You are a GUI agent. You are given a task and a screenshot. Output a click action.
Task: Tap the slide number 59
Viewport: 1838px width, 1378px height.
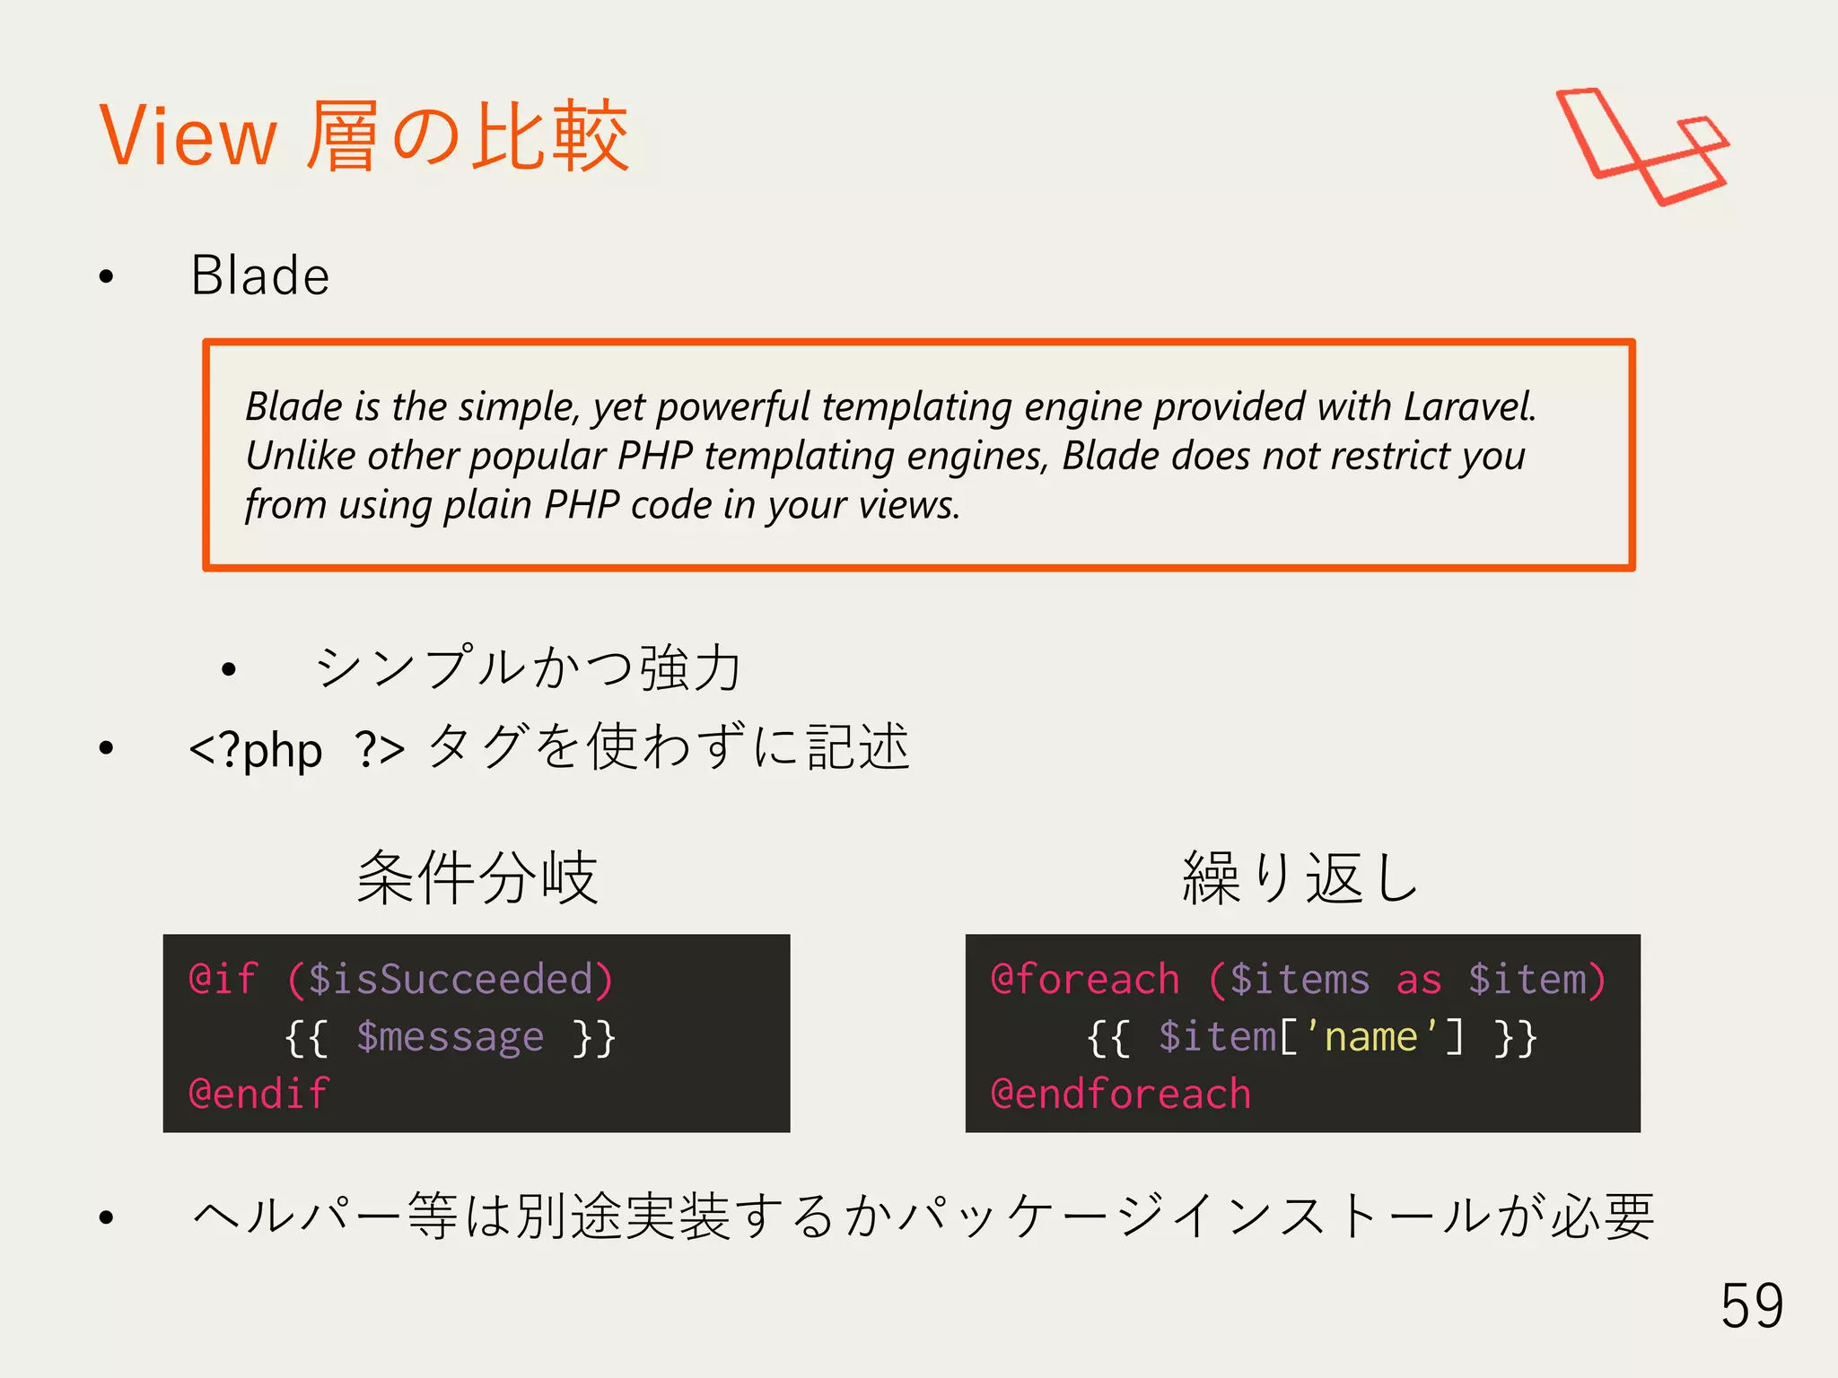click(x=1751, y=1305)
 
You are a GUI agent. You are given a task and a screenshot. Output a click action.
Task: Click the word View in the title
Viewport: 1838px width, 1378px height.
click(x=188, y=136)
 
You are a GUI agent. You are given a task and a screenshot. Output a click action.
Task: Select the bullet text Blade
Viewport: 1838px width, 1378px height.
click(x=260, y=275)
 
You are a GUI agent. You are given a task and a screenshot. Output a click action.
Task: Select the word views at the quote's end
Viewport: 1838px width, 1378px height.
click(x=908, y=505)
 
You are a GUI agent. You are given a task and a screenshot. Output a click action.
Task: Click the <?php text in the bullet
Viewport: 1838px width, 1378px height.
click(x=256, y=749)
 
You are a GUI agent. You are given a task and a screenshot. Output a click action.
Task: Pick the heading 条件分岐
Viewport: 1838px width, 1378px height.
click(x=477, y=877)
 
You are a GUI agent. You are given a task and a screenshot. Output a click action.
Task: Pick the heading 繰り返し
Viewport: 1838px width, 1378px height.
click(x=1300, y=877)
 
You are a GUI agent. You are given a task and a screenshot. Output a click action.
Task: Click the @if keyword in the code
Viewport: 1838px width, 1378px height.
click(x=223, y=979)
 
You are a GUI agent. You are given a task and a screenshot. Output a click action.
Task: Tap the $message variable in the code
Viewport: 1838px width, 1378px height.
click(x=450, y=1037)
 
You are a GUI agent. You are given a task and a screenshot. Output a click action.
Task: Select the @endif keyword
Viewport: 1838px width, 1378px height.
click(x=258, y=1095)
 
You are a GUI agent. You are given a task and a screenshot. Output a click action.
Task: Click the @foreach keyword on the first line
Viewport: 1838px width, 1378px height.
click(x=1085, y=979)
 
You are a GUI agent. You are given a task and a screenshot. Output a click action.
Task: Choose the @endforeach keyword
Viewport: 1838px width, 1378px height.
click(x=1120, y=1095)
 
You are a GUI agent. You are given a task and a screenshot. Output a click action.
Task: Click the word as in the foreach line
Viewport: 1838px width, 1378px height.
click(x=1419, y=980)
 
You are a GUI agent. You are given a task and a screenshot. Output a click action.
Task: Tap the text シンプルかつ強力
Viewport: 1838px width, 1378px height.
click(x=529, y=668)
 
